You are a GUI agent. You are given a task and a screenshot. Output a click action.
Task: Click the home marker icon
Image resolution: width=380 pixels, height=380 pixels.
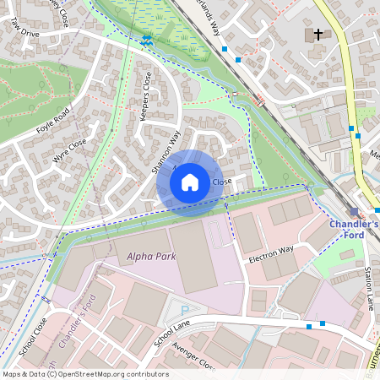click(190, 182)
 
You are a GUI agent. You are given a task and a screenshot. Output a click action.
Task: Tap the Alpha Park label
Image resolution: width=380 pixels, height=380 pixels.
click(151, 256)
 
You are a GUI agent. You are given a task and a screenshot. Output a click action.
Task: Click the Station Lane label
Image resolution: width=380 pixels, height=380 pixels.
click(368, 288)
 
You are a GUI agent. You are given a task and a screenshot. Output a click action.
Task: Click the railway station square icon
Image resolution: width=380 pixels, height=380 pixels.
click(354, 211)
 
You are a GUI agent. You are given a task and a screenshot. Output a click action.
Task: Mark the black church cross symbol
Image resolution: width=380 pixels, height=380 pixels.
click(318, 35)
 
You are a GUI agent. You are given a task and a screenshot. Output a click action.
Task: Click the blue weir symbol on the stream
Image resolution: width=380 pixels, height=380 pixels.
click(147, 40)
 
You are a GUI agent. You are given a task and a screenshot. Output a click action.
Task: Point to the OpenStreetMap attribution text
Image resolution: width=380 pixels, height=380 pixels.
click(85, 374)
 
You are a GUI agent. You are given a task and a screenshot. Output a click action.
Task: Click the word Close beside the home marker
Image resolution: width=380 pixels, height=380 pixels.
click(222, 182)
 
